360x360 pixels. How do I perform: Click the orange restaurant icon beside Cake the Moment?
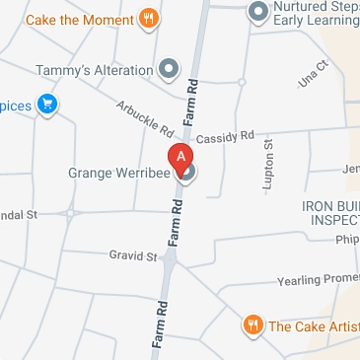(x=149, y=17)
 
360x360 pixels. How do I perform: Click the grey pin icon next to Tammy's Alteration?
(x=170, y=70)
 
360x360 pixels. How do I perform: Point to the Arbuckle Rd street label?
(x=144, y=118)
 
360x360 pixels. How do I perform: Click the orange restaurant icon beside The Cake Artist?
(x=253, y=324)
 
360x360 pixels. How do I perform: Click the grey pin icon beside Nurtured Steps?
(x=258, y=11)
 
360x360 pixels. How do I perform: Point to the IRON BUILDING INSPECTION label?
(x=330, y=213)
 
